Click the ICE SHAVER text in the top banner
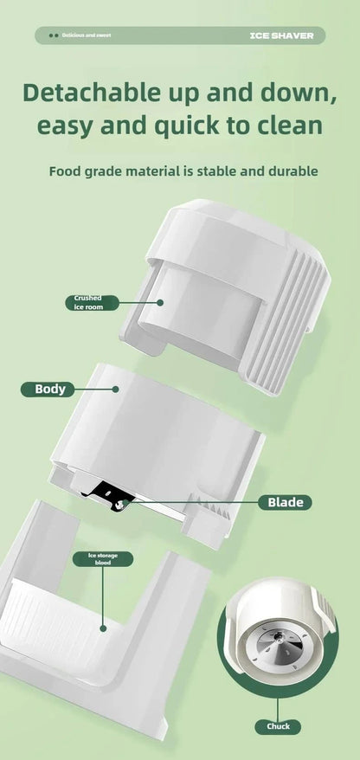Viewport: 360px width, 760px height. pos(281,35)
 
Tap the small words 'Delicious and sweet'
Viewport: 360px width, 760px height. pos(87,35)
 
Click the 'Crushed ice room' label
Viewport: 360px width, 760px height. pos(92,302)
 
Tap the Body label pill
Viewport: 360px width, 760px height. pos(48,390)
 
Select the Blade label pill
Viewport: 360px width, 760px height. pos(285,502)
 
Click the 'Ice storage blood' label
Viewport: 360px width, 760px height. pos(103,559)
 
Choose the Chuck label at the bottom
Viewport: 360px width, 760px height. pos(278,726)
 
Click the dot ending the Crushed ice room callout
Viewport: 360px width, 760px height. pos(160,302)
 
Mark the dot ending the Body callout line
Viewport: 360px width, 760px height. pos(115,390)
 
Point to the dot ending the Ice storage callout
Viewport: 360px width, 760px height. pos(103,628)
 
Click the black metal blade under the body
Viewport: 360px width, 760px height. pos(103,494)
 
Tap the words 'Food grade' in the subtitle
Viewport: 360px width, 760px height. pos(80,171)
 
